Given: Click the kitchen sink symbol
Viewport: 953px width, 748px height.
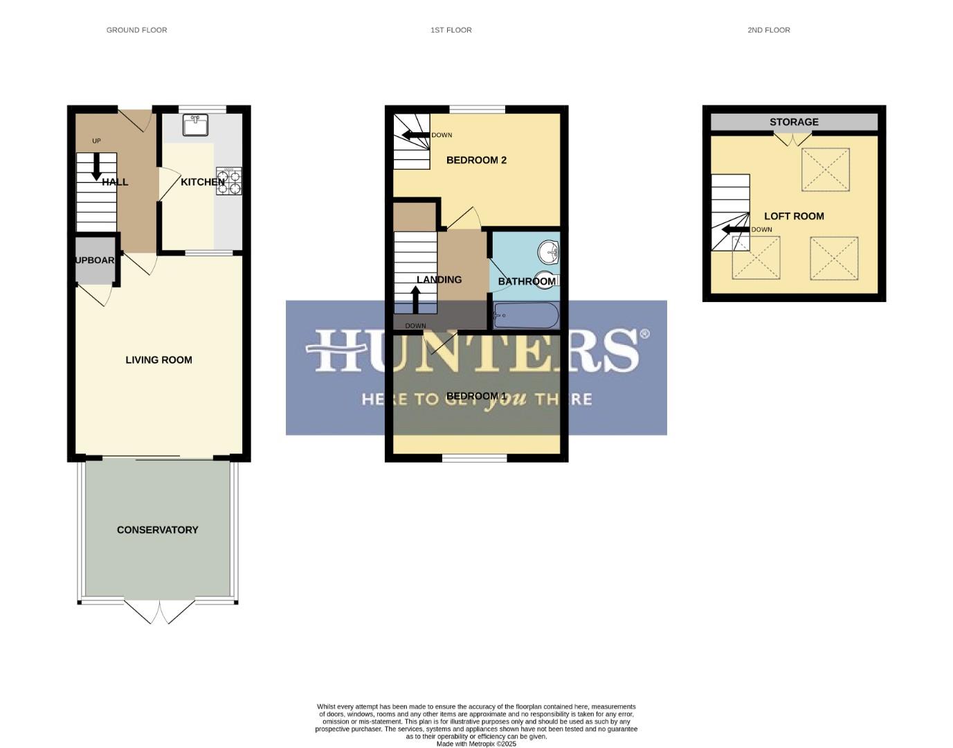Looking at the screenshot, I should coord(195,125).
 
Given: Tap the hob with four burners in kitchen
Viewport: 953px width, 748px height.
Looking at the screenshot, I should coord(228,181).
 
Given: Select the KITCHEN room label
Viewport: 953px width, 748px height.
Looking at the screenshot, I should coord(202,182).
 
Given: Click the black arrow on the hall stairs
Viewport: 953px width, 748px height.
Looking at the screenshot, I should coord(96,166).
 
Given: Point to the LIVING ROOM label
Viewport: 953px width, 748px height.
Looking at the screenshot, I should coord(158,360).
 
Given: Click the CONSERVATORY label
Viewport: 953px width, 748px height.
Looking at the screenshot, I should coord(157,530).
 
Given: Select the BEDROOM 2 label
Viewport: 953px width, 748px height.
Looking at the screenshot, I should coord(476,160).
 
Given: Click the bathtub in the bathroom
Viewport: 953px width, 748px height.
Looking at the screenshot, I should coord(526,316).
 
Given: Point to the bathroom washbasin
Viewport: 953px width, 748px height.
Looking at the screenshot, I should coord(549,252).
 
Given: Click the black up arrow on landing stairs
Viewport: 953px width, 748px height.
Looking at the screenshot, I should coord(416,299).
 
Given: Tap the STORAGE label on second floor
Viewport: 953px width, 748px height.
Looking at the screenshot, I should coord(794,122).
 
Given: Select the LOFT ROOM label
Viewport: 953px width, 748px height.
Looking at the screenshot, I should coord(794,216).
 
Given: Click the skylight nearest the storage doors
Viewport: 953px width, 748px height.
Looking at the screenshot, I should coord(825,169).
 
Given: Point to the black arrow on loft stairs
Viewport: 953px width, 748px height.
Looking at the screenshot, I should coord(735,230).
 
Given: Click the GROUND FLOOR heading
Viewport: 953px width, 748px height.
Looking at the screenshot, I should coord(136,30).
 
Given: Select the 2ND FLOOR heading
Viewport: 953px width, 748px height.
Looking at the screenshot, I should coord(768,30).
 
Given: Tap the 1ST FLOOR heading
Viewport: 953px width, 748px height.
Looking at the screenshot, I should coord(451,30).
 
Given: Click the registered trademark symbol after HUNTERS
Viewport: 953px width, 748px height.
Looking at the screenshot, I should coord(644,334).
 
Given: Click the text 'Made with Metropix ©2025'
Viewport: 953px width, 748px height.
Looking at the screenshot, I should coord(476,744).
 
